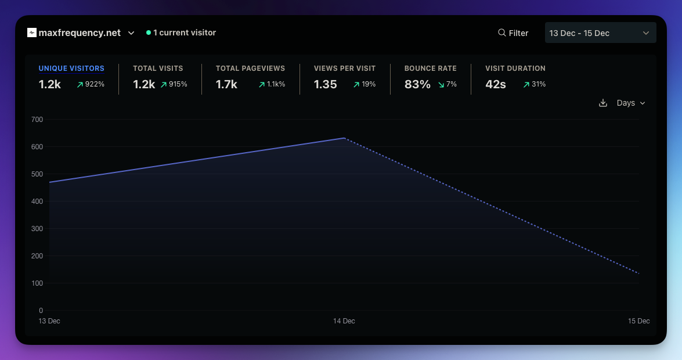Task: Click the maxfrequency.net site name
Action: [x=80, y=33]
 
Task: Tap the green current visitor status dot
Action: [x=149, y=33]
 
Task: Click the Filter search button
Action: [x=513, y=33]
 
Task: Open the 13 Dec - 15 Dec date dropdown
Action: [x=600, y=33]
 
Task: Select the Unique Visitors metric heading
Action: [x=71, y=69]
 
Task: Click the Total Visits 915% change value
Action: [x=178, y=84]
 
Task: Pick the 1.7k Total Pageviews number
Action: [x=226, y=84]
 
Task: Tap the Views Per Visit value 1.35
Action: [x=325, y=84]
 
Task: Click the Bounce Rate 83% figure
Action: [x=417, y=84]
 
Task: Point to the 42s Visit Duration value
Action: [x=496, y=84]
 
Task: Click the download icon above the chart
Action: [x=603, y=103]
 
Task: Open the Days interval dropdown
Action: [x=630, y=103]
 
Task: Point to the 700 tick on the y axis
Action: [x=37, y=120]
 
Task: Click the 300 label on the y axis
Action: [x=37, y=229]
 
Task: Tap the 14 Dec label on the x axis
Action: [x=344, y=321]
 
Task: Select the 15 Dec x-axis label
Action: [x=638, y=321]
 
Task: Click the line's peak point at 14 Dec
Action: [x=344, y=138]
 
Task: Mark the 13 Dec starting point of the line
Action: [x=50, y=182]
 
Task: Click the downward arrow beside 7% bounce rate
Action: [x=441, y=85]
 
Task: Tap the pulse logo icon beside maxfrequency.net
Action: [x=32, y=33]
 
